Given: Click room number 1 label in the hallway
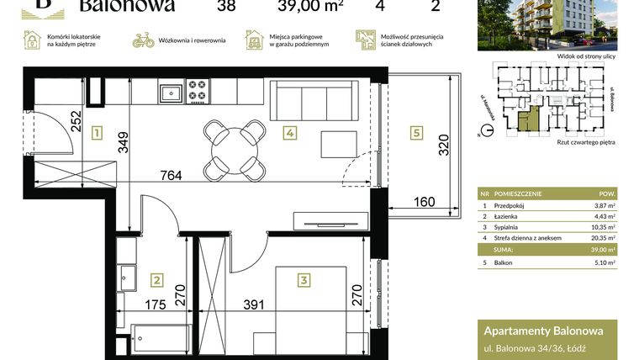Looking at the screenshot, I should tap(98, 133).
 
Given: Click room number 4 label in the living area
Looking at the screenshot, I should tap(288, 132).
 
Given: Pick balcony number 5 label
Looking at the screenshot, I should tap(415, 131).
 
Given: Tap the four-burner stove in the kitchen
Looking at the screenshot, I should tap(198, 89).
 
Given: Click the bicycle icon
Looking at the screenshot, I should tap(144, 40).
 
